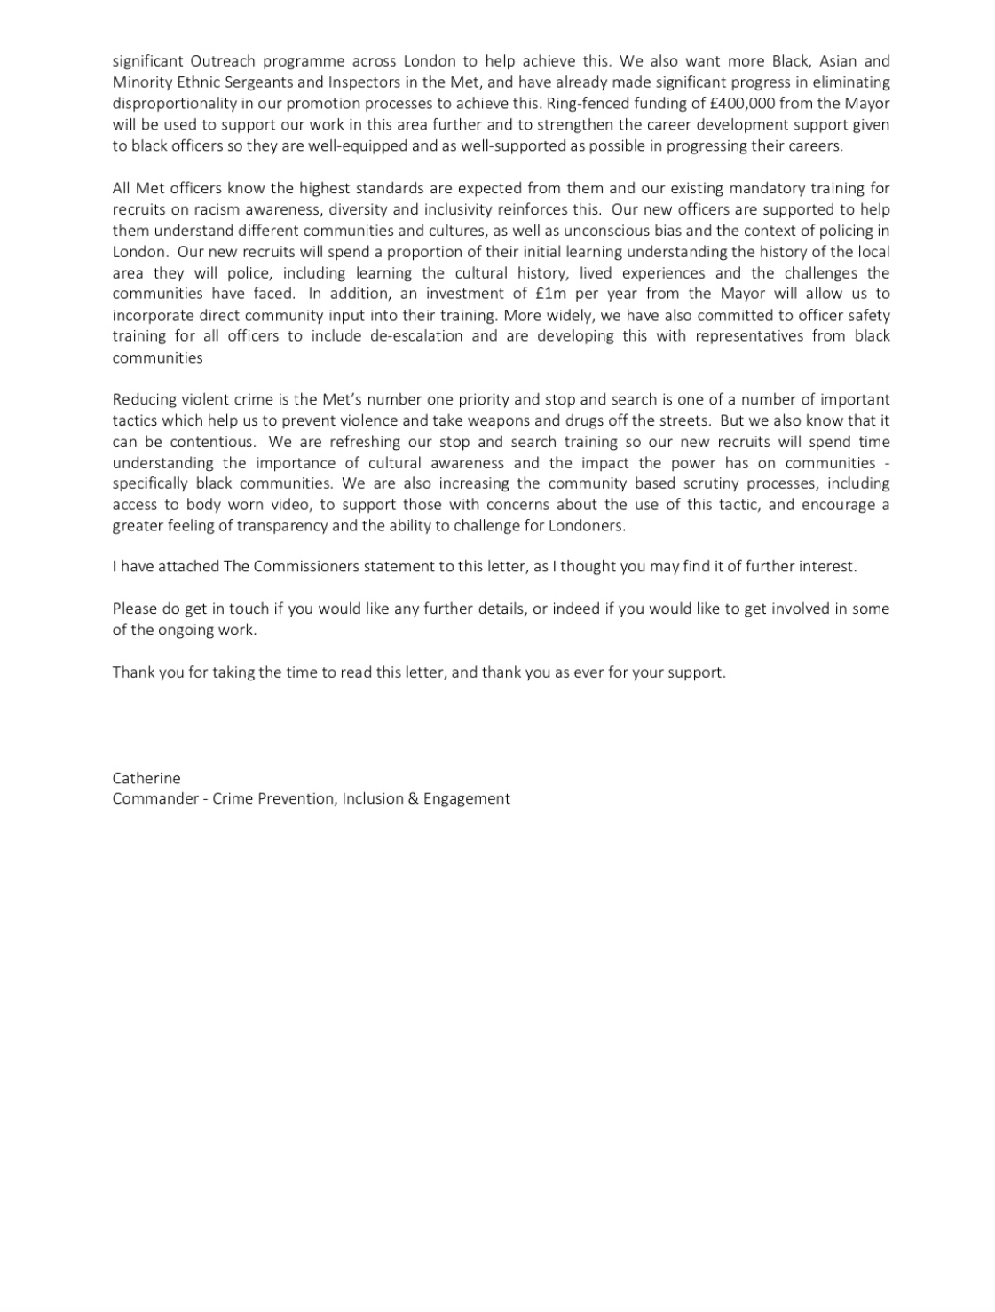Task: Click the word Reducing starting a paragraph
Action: [143, 399]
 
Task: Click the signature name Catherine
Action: [146, 778]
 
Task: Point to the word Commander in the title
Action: [155, 798]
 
